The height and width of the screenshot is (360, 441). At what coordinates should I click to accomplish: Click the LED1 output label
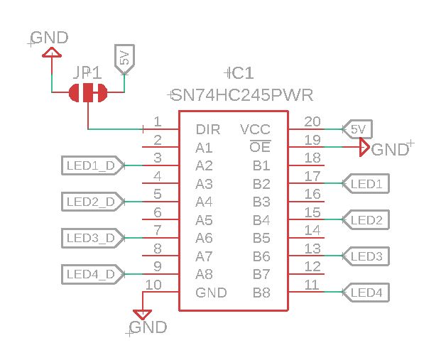[x=366, y=184]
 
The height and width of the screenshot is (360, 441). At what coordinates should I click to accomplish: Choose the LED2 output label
[x=366, y=220]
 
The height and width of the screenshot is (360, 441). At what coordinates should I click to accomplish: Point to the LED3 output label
[x=366, y=256]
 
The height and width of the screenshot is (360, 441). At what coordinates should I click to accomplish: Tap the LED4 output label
[x=366, y=292]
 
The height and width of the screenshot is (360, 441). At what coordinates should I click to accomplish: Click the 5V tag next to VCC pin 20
[x=357, y=129]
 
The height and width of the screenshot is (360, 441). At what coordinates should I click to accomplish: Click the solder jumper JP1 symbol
[x=88, y=92]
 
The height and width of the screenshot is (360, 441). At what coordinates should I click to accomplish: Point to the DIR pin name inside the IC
[x=207, y=130]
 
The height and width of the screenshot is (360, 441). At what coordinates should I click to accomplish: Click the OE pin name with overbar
[x=260, y=148]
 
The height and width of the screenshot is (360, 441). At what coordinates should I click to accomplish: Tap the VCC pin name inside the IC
[x=255, y=130]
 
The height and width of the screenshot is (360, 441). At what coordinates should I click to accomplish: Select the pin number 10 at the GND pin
[x=153, y=285]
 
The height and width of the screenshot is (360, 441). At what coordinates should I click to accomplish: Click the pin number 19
[x=312, y=140]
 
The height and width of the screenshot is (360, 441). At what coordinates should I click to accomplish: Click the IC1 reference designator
[x=239, y=73]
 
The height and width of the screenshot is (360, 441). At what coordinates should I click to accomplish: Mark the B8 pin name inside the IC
[x=261, y=293]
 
